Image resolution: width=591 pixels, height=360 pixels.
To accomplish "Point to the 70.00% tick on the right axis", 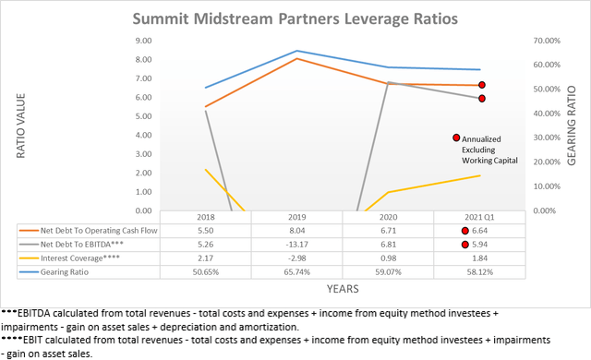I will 545,41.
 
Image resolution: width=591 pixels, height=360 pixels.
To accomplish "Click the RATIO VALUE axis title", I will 22,125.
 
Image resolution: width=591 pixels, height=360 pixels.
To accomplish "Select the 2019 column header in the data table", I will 296,217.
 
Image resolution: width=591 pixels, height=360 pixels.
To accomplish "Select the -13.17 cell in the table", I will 296,245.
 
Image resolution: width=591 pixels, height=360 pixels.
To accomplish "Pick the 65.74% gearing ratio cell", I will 296,273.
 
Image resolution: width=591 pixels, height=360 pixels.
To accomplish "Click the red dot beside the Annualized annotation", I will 456,138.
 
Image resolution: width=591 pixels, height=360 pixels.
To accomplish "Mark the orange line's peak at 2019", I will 296,58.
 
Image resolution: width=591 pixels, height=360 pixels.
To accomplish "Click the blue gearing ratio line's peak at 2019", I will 296,51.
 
